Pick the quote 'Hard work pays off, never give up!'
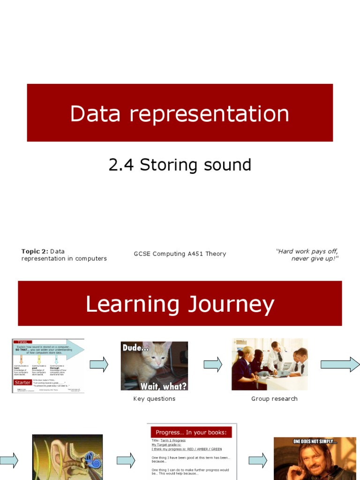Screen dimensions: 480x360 pyautogui.click(x=307, y=255)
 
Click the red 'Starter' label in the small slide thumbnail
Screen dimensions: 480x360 pyautogui.click(x=22, y=382)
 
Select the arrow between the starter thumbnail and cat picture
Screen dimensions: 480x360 pyautogui.click(x=99, y=364)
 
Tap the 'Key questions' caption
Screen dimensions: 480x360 pyautogui.click(x=154, y=399)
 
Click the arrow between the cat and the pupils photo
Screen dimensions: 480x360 pyautogui.click(x=213, y=364)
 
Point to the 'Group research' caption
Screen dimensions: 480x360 pyautogui.click(x=274, y=399)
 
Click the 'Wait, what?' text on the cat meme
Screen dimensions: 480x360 pyautogui.click(x=163, y=385)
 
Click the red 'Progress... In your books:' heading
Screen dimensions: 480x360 pyautogui.click(x=191, y=432)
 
